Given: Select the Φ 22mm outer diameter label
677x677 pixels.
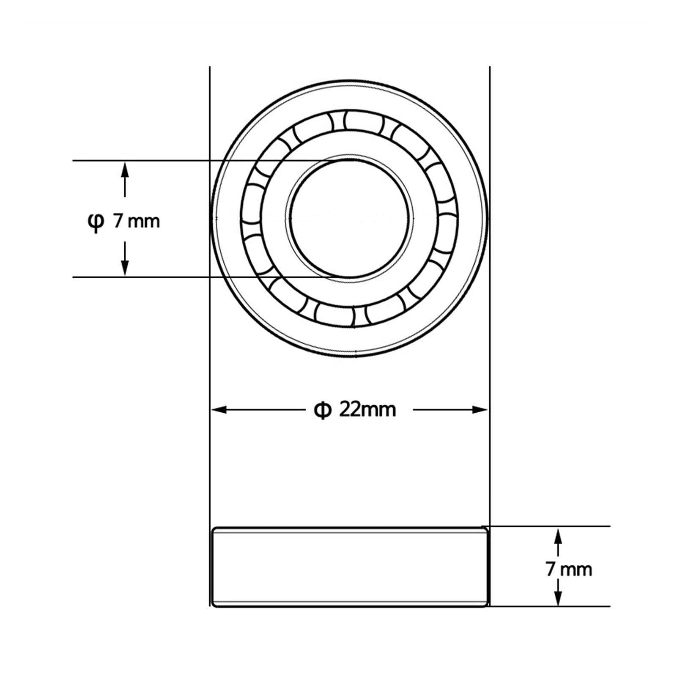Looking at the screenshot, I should coord(354,409).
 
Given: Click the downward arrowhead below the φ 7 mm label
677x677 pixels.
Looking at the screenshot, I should coord(125,269).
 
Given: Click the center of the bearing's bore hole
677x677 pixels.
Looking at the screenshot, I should coord(349,218).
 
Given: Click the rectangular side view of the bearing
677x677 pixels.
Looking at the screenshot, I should coord(349,567).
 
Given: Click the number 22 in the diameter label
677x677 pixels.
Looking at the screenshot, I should coord(349,409).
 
